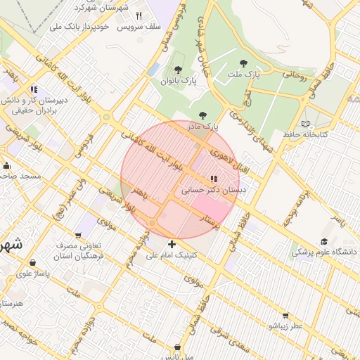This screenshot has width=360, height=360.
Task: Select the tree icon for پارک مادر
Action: click(x=202, y=115)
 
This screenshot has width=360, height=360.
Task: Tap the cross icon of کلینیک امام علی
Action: click(x=172, y=244)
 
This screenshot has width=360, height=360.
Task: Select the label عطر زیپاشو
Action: click(x=285, y=326)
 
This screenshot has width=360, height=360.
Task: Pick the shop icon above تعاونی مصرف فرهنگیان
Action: click(x=79, y=236)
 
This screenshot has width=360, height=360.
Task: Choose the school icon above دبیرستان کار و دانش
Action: click(x=34, y=89)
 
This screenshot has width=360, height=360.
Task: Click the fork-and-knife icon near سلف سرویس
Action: click(x=139, y=15)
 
